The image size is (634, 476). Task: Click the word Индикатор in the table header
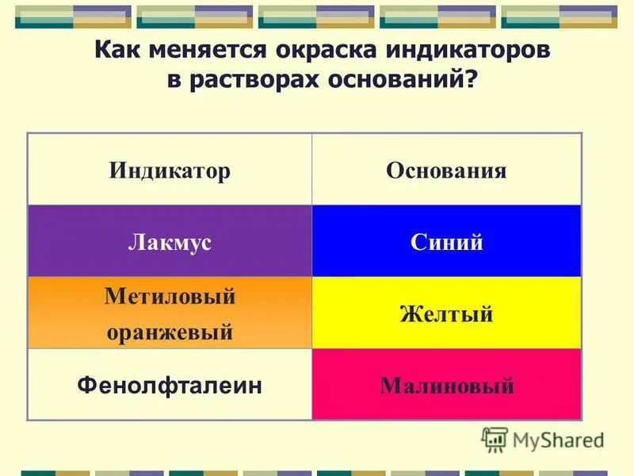tap(170, 171)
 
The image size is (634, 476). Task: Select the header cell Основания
tap(446, 171)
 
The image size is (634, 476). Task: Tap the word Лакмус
tap(170, 242)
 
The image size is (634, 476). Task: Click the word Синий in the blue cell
tap(447, 242)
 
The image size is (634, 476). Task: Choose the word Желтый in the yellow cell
tap(446, 314)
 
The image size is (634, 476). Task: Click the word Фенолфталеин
tap(170, 386)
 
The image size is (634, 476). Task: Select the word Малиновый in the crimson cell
tap(447, 386)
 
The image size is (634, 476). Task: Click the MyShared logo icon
tap(495, 440)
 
